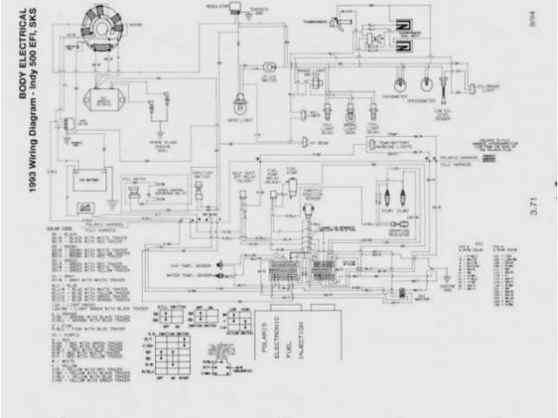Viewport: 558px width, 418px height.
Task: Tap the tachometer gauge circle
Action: click(400, 84)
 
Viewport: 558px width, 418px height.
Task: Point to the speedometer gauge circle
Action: click(426, 84)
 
